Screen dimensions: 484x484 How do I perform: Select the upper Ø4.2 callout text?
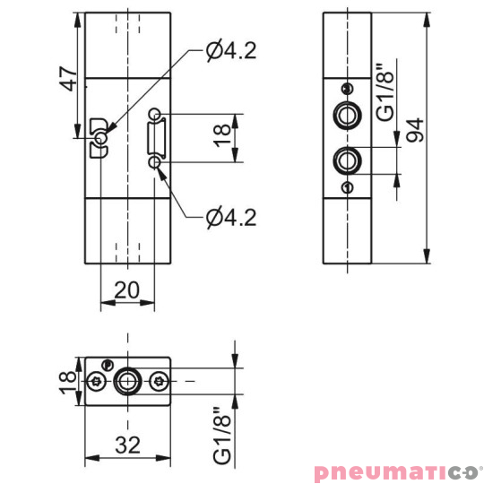231,51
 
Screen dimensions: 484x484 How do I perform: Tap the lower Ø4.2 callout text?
231,216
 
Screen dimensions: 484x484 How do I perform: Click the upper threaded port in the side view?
346,115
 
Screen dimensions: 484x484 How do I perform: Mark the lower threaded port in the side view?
346,161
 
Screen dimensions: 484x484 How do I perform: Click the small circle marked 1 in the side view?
346,186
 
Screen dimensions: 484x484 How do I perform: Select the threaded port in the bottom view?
128,382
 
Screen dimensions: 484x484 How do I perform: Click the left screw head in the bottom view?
97,382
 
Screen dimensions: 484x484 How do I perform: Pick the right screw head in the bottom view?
160,382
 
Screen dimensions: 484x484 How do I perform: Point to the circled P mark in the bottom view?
108,364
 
